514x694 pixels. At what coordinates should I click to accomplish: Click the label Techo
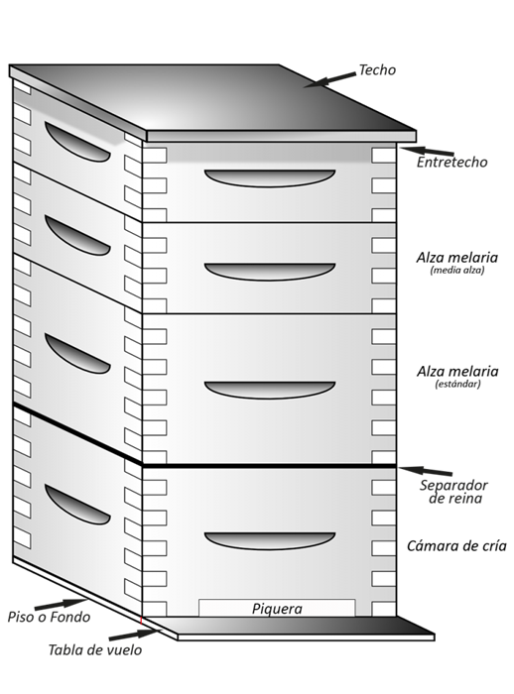(378, 70)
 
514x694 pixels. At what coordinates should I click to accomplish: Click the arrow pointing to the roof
(330, 78)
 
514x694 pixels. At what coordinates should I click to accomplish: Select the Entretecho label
(452, 162)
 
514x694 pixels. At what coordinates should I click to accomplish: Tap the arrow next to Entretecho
(426, 151)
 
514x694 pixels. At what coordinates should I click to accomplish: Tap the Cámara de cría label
(456, 546)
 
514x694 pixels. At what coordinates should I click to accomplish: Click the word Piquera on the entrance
(276, 609)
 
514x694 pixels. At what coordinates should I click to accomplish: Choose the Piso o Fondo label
(49, 617)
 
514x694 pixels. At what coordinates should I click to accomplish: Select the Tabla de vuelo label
(94, 650)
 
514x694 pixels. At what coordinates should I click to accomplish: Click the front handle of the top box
(270, 177)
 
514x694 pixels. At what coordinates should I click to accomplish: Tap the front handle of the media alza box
(270, 271)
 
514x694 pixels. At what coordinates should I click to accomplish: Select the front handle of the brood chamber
(270, 540)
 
